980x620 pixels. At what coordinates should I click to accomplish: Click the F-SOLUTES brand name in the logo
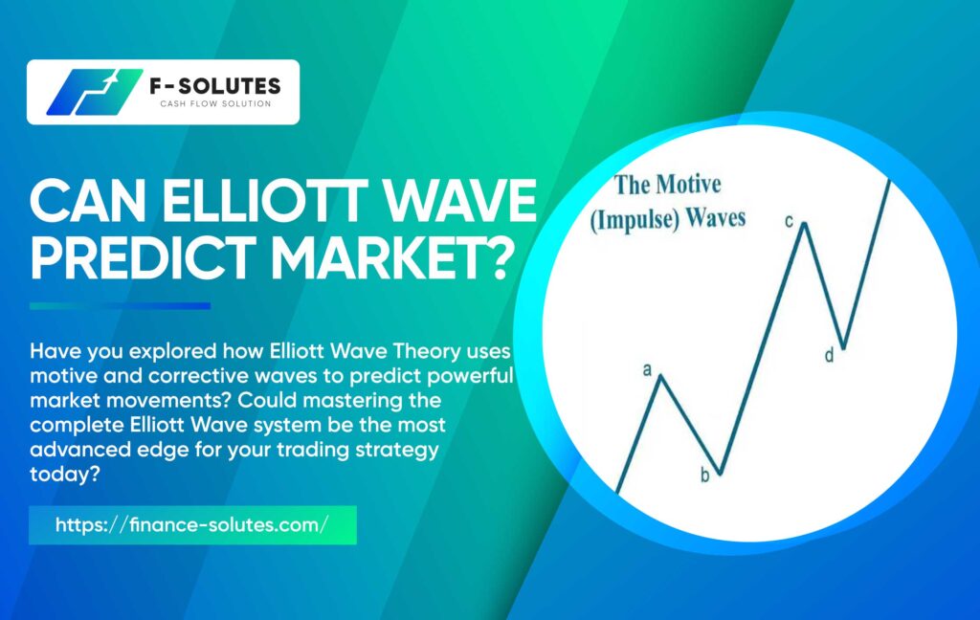(x=215, y=85)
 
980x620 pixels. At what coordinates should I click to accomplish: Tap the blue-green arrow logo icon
(x=94, y=92)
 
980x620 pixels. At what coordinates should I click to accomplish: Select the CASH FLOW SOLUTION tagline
(x=215, y=103)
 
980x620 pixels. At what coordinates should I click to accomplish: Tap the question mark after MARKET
(x=493, y=256)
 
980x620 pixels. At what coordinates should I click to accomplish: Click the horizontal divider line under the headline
(x=120, y=306)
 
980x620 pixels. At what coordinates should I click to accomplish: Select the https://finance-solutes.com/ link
(x=191, y=524)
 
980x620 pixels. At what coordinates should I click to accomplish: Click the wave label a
(x=648, y=369)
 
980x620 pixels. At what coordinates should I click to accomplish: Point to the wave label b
(x=705, y=476)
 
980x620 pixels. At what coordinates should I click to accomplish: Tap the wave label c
(x=789, y=221)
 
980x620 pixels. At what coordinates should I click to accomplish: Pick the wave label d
(x=830, y=355)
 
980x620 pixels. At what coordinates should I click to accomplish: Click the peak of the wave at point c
(x=804, y=223)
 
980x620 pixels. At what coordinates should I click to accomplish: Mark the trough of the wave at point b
(x=721, y=474)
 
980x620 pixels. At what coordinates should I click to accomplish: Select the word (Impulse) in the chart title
(x=635, y=221)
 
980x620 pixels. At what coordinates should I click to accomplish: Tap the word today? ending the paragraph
(x=65, y=475)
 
